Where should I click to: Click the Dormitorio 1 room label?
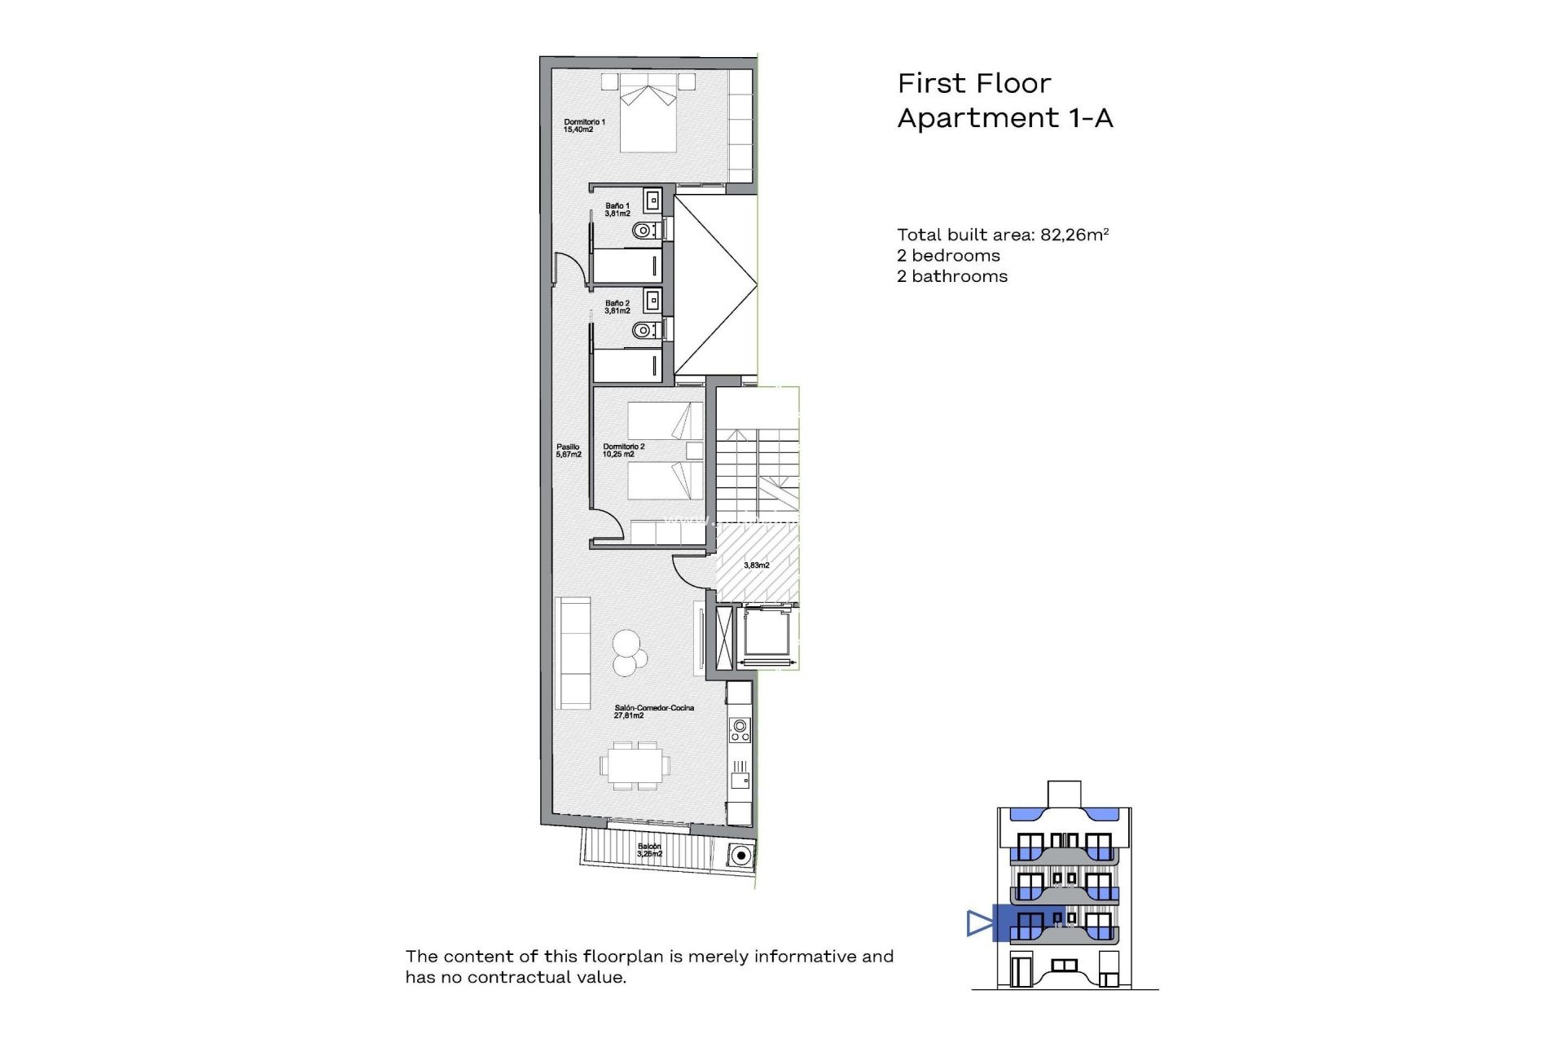click(584, 125)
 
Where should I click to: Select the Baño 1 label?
click(617, 209)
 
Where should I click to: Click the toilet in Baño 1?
click(645, 231)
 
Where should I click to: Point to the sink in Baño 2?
click(652, 301)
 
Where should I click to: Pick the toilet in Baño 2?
click(645, 330)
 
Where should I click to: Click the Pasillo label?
click(568, 450)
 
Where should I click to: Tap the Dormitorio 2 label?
click(623, 450)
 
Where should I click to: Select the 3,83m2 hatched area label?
click(756, 565)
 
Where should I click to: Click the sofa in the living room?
click(573, 653)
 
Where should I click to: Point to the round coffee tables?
click(629, 653)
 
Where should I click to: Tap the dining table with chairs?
click(636, 765)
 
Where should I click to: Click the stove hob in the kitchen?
click(740, 729)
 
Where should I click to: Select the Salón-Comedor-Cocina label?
click(653, 711)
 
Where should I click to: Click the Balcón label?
click(649, 850)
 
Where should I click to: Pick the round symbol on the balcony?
click(740, 855)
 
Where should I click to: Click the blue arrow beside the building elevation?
click(979, 923)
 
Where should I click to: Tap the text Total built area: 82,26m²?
click(1003, 235)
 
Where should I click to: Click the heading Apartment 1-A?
click(1004, 118)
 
